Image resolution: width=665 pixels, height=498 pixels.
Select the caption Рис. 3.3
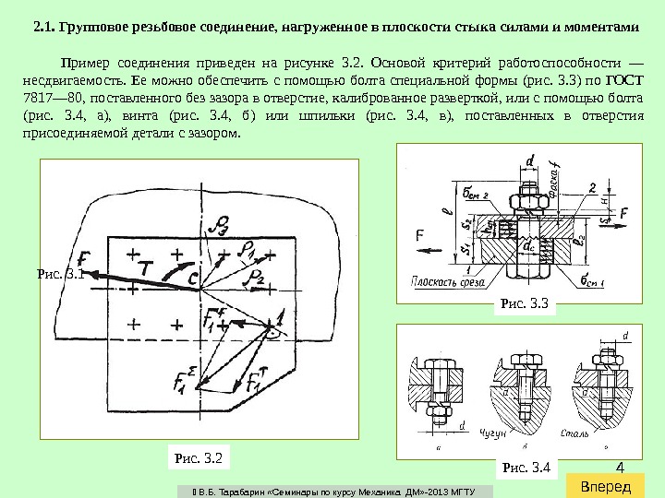pyautogui.click(x=524, y=302)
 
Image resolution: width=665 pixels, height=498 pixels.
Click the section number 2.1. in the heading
pyautogui.click(x=44, y=27)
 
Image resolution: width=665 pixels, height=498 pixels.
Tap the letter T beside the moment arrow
pyautogui.click(x=146, y=265)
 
